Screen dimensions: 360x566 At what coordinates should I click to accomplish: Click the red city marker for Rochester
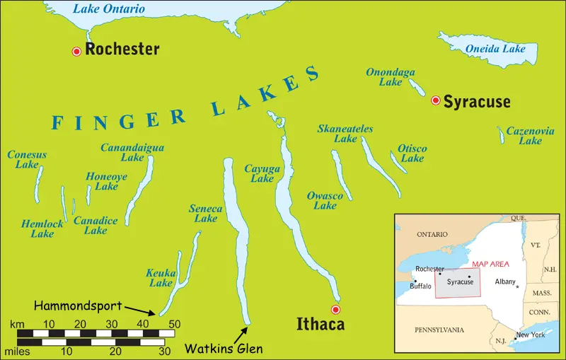[x=76, y=51]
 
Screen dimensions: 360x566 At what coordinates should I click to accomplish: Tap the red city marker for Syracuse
[x=436, y=101]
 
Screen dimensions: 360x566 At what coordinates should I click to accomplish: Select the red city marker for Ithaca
[x=336, y=310]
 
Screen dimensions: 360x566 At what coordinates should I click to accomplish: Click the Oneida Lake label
[x=495, y=50]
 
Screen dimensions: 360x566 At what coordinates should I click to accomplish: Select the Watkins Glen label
[x=224, y=348]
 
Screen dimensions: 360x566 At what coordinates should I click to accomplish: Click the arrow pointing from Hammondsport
[x=141, y=310]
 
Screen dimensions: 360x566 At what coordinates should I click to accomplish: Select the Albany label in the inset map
[x=505, y=281]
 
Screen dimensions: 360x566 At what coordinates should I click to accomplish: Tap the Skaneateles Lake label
[x=345, y=134]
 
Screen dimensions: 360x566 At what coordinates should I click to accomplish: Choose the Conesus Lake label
[x=27, y=160]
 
